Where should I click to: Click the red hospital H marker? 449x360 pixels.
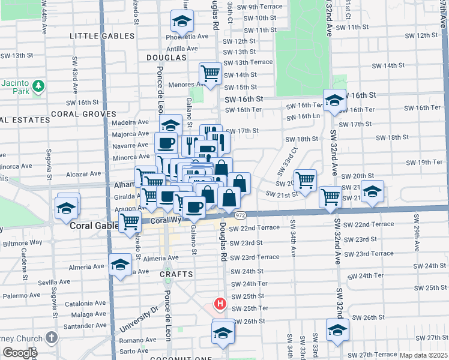click(x=220, y=304)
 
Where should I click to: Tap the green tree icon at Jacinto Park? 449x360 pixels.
click(x=38, y=86)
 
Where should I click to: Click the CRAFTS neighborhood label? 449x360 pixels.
click(x=176, y=274)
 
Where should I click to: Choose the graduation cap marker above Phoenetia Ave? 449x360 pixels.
click(x=181, y=21)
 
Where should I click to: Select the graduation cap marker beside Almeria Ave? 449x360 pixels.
click(x=121, y=264)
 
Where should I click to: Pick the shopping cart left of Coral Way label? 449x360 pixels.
click(x=130, y=221)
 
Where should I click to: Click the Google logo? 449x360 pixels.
click(x=20, y=353)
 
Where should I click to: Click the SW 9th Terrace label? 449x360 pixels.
click(x=258, y=7)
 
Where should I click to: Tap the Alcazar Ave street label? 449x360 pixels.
click(x=83, y=174)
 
